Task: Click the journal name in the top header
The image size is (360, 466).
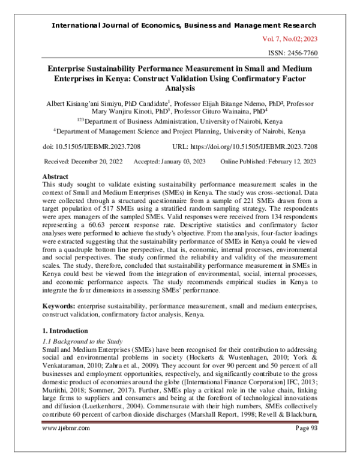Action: (184, 25)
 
